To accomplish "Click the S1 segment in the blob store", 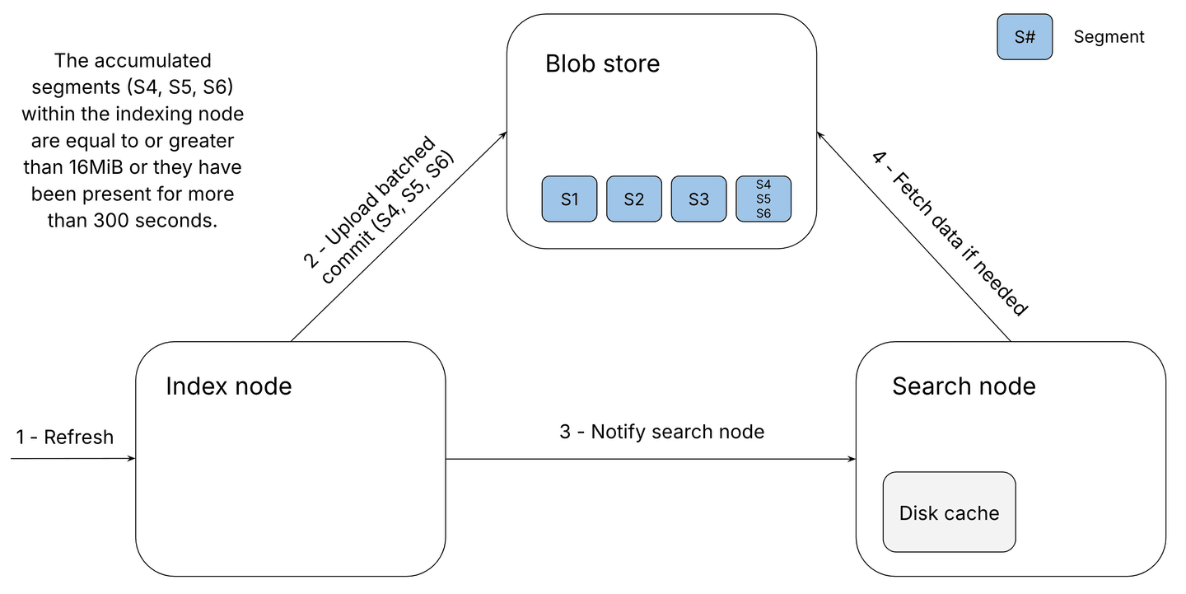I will (569, 199).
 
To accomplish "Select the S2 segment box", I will (633, 199).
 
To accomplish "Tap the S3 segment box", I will (698, 199).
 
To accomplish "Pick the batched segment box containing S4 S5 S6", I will (763, 199).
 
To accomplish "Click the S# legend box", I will (1024, 37).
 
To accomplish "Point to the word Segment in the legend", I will (1109, 37).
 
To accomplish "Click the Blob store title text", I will (602, 63).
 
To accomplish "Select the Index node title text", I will (229, 386).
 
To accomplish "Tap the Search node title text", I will (964, 386).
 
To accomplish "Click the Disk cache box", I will (949, 512).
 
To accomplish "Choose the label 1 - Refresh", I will (65, 437).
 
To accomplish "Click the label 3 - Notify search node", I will (661, 432).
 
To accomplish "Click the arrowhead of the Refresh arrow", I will (131, 459).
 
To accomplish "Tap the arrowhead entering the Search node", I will (852, 459).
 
